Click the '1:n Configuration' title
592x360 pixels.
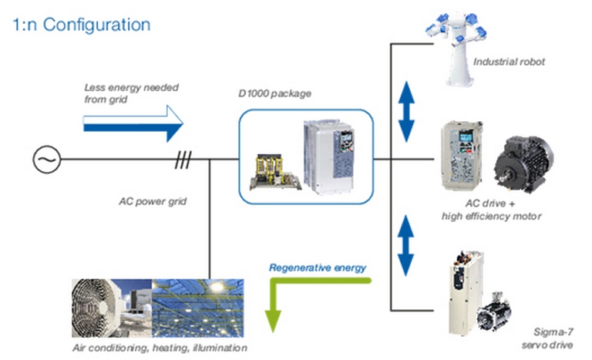pos(82,25)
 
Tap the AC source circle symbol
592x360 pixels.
pos(47,160)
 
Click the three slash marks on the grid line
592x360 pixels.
pos(183,160)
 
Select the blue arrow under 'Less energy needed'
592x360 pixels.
pos(133,124)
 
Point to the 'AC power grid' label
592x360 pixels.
pos(153,201)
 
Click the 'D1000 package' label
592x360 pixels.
pos(275,93)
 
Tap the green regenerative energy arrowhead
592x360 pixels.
pos(273,321)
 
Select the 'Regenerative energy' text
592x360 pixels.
pos(318,267)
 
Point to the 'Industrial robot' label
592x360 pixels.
pos(509,62)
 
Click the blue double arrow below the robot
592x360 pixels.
pos(407,112)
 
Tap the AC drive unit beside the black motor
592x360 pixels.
pos(462,155)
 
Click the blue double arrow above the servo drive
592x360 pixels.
pos(406,246)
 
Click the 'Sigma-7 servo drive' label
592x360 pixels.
pos(547,338)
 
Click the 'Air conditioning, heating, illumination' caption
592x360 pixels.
pos(160,348)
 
